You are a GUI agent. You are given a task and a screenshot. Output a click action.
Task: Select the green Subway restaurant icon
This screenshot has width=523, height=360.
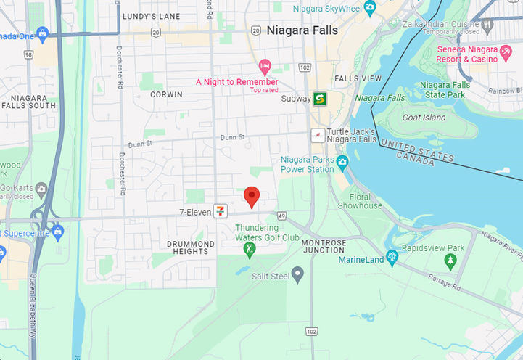319,99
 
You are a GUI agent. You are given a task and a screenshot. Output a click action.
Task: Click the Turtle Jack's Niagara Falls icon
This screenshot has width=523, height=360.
318,135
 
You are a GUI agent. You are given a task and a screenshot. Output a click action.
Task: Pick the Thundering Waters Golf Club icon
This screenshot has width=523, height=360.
250,249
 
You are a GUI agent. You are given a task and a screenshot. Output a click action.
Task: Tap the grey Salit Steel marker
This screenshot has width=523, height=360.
297,275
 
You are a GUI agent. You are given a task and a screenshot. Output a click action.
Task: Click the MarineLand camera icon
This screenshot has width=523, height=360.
392,256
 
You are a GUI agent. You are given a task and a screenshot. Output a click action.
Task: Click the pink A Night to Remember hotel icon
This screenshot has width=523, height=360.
265,67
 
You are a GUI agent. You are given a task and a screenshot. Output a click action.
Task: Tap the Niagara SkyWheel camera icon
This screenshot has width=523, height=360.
371,8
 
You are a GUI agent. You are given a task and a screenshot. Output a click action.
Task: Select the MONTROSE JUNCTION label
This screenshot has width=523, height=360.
313,246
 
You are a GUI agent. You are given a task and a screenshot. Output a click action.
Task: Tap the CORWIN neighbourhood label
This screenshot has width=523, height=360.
166,94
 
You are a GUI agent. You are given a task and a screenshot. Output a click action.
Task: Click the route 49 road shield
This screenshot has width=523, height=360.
281,215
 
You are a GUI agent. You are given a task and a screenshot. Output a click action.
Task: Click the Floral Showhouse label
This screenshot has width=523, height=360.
366,201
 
